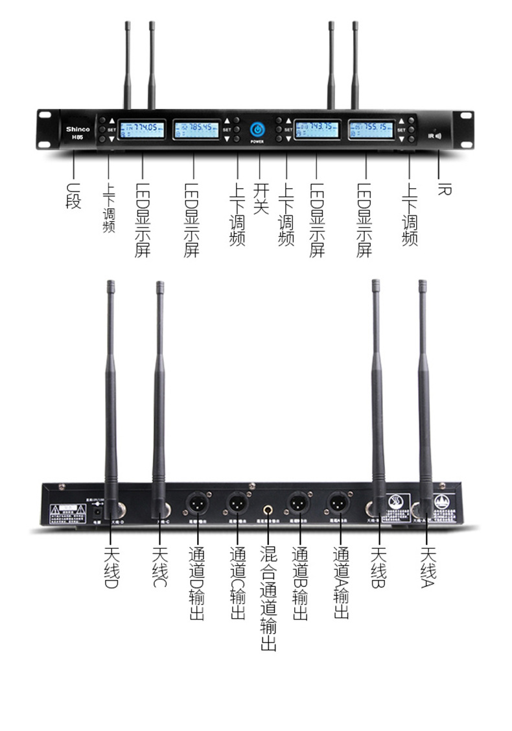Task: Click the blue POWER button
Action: click(257, 129)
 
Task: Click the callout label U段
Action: click(73, 195)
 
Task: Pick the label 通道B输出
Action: click(299, 584)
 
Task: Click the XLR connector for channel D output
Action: click(196, 503)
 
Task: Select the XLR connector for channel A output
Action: click(338, 503)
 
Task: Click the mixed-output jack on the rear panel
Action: click(267, 505)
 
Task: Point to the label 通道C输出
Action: click(238, 584)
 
